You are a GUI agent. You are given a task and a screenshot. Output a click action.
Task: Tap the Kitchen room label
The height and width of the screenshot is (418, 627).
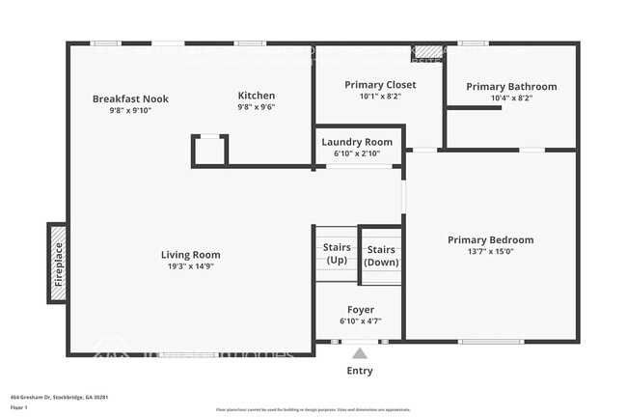[257, 96]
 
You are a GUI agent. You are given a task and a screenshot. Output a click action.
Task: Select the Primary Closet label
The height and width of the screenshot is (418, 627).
[379, 85]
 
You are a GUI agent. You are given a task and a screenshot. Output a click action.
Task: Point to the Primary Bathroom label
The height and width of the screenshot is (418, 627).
[511, 87]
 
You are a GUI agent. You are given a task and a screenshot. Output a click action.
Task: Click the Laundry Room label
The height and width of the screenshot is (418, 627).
[357, 142]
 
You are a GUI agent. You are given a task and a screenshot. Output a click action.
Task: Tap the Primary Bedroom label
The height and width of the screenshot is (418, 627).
[490, 240]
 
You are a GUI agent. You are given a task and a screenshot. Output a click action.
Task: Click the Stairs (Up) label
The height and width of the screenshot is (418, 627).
[337, 254]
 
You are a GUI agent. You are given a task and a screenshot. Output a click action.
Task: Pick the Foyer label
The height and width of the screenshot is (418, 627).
[361, 310]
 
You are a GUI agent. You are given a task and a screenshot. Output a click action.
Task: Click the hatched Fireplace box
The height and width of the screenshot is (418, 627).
[58, 264]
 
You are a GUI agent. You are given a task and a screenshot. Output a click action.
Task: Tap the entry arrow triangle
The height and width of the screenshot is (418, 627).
[360, 353]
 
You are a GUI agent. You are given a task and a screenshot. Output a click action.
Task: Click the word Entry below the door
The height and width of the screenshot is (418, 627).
[360, 371]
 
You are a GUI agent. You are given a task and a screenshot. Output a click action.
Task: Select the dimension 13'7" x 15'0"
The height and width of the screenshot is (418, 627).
[490, 252]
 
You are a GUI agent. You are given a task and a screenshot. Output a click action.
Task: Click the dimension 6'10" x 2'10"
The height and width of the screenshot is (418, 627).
[357, 153]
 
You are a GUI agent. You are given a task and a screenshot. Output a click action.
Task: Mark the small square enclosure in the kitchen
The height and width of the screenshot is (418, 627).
[210, 151]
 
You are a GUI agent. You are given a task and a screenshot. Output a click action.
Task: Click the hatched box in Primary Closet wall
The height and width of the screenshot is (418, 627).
[426, 51]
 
